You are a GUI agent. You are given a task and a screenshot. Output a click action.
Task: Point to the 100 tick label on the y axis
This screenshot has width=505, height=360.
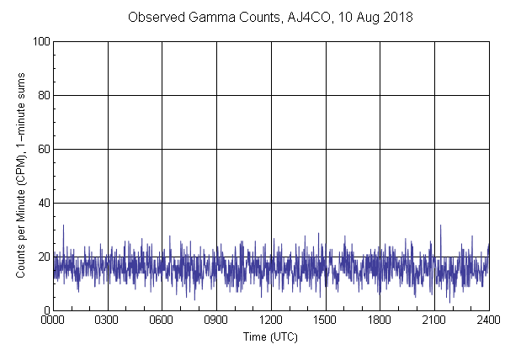click(40, 41)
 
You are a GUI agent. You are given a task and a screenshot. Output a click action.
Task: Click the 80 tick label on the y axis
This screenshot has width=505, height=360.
click(42, 95)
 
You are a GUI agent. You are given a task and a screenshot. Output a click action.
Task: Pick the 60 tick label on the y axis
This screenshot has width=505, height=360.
click(42, 149)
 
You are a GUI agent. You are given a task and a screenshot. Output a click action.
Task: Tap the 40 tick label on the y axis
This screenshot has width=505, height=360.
click(42, 203)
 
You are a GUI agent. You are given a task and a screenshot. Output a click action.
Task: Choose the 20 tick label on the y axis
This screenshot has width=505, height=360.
click(42, 257)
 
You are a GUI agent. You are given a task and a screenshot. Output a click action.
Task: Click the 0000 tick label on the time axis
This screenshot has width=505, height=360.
click(53, 320)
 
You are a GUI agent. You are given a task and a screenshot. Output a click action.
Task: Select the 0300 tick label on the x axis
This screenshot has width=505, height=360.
click(108, 320)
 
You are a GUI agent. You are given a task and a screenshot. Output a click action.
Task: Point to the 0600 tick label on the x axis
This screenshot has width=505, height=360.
click(162, 320)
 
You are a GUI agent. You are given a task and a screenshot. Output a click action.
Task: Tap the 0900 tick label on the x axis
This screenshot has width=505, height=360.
click(216, 320)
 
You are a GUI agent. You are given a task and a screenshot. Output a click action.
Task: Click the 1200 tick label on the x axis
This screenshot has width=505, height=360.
click(271, 320)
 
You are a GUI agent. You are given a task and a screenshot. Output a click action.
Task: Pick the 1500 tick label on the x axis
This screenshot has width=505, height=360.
click(326, 320)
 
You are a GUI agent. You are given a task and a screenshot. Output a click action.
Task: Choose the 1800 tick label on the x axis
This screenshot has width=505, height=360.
click(380, 320)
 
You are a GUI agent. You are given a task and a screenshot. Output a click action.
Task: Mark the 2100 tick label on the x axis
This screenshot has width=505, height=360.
click(434, 320)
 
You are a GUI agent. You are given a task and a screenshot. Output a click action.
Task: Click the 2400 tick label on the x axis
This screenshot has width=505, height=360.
click(488, 320)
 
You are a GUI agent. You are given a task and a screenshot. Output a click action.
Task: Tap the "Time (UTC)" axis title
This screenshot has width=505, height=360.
click(270, 336)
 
